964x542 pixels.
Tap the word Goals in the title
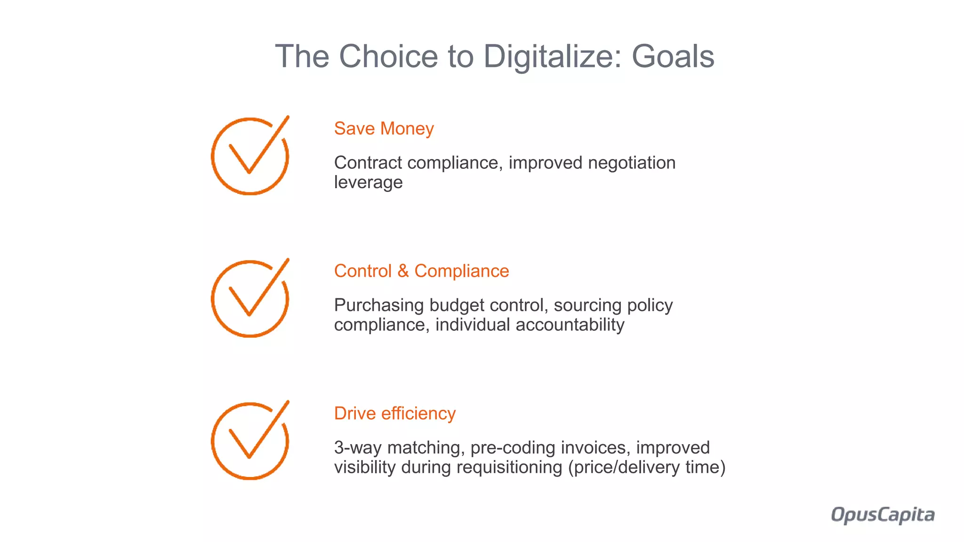tap(673, 56)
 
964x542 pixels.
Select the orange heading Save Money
tap(384, 128)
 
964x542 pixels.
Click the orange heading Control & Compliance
tap(421, 271)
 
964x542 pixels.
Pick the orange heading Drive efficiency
tap(394, 414)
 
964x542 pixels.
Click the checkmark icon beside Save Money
tap(250, 156)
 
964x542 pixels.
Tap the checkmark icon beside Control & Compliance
tap(250, 298)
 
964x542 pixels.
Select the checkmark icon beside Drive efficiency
tap(250, 441)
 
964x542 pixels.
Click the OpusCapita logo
tap(883, 515)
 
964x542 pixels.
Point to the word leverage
tap(368, 183)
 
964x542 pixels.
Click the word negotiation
tap(632, 163)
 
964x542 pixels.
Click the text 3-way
tap(357, 448)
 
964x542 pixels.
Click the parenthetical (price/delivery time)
tap(647, 468)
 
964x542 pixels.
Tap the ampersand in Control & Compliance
tap(403, 271)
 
